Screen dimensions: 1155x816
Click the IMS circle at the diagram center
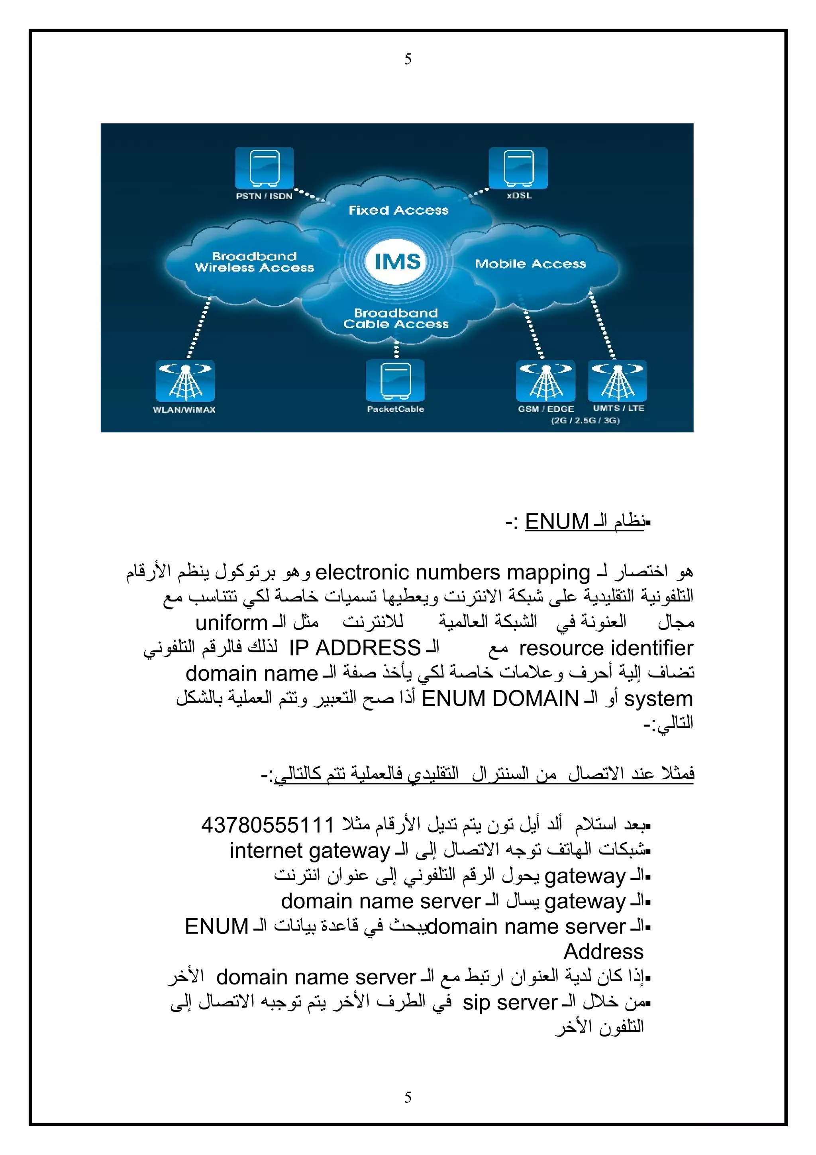(x=397, y=261)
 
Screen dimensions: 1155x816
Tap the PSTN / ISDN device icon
(x=265, y=168)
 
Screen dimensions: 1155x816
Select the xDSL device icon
(x=518, y=168)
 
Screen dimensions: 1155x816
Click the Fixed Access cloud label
(x=398, y=210)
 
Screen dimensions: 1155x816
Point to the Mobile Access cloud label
(x=530, y=263)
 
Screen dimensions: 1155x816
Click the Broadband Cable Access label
(x=396, y=318)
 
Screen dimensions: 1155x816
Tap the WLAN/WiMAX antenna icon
(x=185, y=380)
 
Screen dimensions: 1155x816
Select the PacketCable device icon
(x=395, y=380)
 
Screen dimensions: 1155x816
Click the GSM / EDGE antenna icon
(x=545, y=380)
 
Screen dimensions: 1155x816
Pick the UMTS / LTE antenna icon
(x=618, y=380)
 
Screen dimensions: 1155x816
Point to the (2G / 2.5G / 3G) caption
(x=585, y=420)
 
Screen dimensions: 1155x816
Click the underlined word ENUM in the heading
(x=557, y=522)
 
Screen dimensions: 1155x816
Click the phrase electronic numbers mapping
(x=453, y=572)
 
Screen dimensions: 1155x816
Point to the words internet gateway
(x=310, y=850)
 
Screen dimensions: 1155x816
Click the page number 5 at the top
(x=408, y=59)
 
